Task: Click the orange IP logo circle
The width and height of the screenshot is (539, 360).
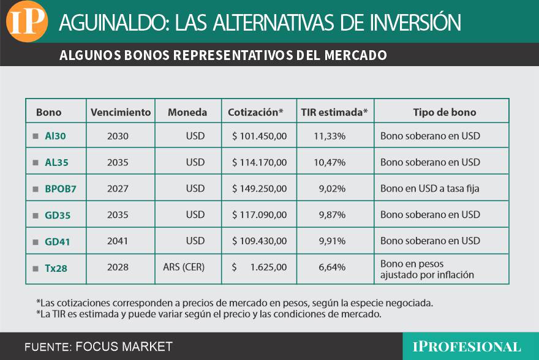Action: click(x=26, y=23)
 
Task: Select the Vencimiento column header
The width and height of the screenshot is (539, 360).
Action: click(x=121, y=112)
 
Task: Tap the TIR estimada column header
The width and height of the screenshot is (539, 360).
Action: click(x=334, y=112)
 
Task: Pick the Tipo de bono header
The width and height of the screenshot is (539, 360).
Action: click(x=444, y=112)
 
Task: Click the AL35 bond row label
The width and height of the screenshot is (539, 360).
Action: click(x=57, y=162)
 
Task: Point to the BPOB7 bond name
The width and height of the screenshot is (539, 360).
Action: click(x=61, y=189)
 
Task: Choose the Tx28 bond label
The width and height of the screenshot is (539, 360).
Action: click(x=56, y=268)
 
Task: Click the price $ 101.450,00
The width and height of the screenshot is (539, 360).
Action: click(x=259, y=136)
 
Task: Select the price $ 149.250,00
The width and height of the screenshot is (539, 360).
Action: click(x=259, y=189)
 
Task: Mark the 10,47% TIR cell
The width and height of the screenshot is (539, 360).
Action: click(x=330, y=162)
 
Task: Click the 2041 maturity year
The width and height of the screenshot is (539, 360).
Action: click(x=118, y=241)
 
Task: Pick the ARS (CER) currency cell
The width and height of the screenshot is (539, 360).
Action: click(x=184, y=268)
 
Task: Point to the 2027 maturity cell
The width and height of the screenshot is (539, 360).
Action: click(x=118, y=189)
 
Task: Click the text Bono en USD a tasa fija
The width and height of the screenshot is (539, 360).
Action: click(x=429, y=189)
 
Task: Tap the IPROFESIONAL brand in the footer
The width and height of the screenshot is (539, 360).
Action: click(x=470, y=347)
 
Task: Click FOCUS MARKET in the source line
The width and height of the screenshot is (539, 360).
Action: click(x=124, y=347)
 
